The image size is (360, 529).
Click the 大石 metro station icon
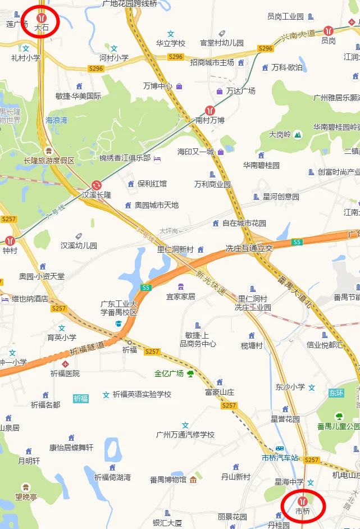tap(40, 17)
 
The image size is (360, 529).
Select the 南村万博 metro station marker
tap(210, 111)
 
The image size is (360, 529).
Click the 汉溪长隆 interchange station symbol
tap(97, 185)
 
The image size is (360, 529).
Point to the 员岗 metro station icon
tap(329, 31)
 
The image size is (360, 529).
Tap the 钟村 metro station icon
tap(10, 240)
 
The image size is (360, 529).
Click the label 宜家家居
tap(180, 296)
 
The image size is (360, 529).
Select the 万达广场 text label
tap(240, 91)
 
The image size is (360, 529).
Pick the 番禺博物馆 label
tap(168, 480)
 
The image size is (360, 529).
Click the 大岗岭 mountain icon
tap(297, 135)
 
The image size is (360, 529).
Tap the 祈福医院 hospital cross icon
tap(65, 364)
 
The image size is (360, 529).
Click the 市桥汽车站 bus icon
tap(279, 449)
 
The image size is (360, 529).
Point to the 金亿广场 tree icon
tap(190, 373)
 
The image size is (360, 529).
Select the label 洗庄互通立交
tap(249, 248)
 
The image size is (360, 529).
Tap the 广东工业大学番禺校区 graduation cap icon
tap(119, 324)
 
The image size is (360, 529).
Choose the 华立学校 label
tap(170, 43)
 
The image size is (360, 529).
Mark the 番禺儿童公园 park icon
tap(339, 416)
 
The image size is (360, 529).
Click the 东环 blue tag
tap(336, 393)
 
